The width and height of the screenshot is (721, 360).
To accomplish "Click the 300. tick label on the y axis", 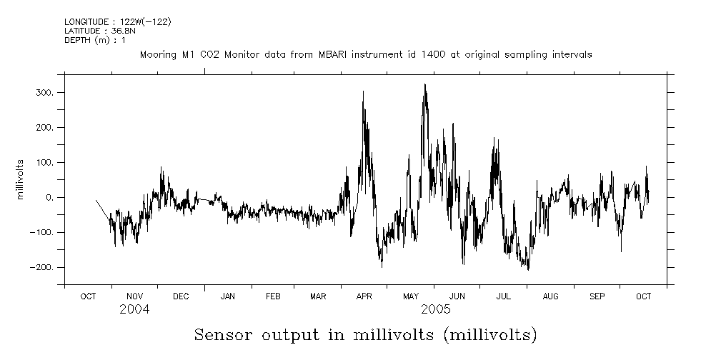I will (x=45, y=93).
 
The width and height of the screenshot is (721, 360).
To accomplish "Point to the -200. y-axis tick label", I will (x=42, y=267).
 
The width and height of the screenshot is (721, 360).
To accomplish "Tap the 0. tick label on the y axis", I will (x=50, y=198).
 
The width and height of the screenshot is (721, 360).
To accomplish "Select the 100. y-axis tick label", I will (x=45, y=163).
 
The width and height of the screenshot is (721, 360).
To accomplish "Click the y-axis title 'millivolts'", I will (x=21, y=179).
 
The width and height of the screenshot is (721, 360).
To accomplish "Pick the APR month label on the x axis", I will (x=364, y=296).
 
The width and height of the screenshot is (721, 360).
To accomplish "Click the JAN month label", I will (x=228, y=296).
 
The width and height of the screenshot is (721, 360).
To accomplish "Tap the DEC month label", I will (x=181, y=296).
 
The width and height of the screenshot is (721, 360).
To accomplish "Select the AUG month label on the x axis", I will (x=550, y=296).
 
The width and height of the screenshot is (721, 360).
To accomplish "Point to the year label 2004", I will (x=135, y=309).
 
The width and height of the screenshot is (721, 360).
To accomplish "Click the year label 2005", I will (x=435, y=309).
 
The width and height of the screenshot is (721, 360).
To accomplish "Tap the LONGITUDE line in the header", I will (x=117, y=21).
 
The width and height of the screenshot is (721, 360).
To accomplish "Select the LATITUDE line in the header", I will (x=96, y=31).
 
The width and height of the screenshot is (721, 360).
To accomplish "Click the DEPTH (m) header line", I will (x=95, y=40).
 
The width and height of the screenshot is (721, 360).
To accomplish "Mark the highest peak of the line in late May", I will (x=425, y=84).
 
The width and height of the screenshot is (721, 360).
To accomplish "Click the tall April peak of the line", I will (x=363, y=91).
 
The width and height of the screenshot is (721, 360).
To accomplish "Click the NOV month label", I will (x=134, y=296).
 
